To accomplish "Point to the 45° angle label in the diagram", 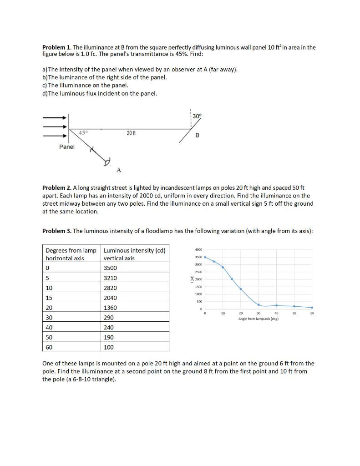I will [x=83, y=132].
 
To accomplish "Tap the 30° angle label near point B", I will [x=196, y=116].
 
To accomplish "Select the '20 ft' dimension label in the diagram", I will [x=131, y=133].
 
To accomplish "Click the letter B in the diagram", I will [x=197, y=136].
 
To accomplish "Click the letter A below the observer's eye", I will [x=118, y=170].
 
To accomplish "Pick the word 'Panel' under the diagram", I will [x=67, y=147].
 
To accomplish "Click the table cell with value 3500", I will [x=111, y=268].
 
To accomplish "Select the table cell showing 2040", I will [x=111, y=298].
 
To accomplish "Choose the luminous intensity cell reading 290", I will [x=109, y=318].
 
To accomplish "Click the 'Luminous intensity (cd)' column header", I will [x=135, y=250].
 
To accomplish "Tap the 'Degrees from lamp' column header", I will [x=71, y=250].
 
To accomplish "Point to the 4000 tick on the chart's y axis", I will [x=198, y=250].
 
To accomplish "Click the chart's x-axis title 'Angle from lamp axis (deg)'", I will [x=259, y=319].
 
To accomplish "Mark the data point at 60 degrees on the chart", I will [x=312, y=308].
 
